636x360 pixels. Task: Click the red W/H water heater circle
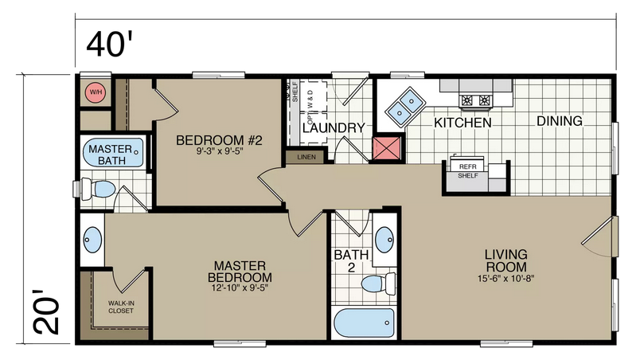point(96,92)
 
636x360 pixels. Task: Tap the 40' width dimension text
point(110,44)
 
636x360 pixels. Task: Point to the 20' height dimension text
point(46,312)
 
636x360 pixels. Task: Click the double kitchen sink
point(406,105)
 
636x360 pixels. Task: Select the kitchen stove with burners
point(475,100)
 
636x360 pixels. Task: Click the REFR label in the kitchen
point(468,166)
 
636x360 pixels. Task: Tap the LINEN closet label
point(306,157)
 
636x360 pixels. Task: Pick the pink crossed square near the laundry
point(387,148)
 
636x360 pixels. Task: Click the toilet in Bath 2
point(378,284)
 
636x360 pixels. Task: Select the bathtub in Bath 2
point(364,323)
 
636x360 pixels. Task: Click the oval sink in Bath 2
point(384,240)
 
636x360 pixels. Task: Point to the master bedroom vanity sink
point(92,240)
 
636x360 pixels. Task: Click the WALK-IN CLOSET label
point(121,307)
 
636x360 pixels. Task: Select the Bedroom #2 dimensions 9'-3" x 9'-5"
point(220,152)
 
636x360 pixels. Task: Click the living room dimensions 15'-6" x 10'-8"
point(505,279)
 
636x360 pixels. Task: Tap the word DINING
point(560,121)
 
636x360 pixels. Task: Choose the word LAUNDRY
point(334,128)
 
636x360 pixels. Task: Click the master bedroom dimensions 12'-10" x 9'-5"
point(240,288)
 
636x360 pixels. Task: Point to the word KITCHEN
point(462,123)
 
